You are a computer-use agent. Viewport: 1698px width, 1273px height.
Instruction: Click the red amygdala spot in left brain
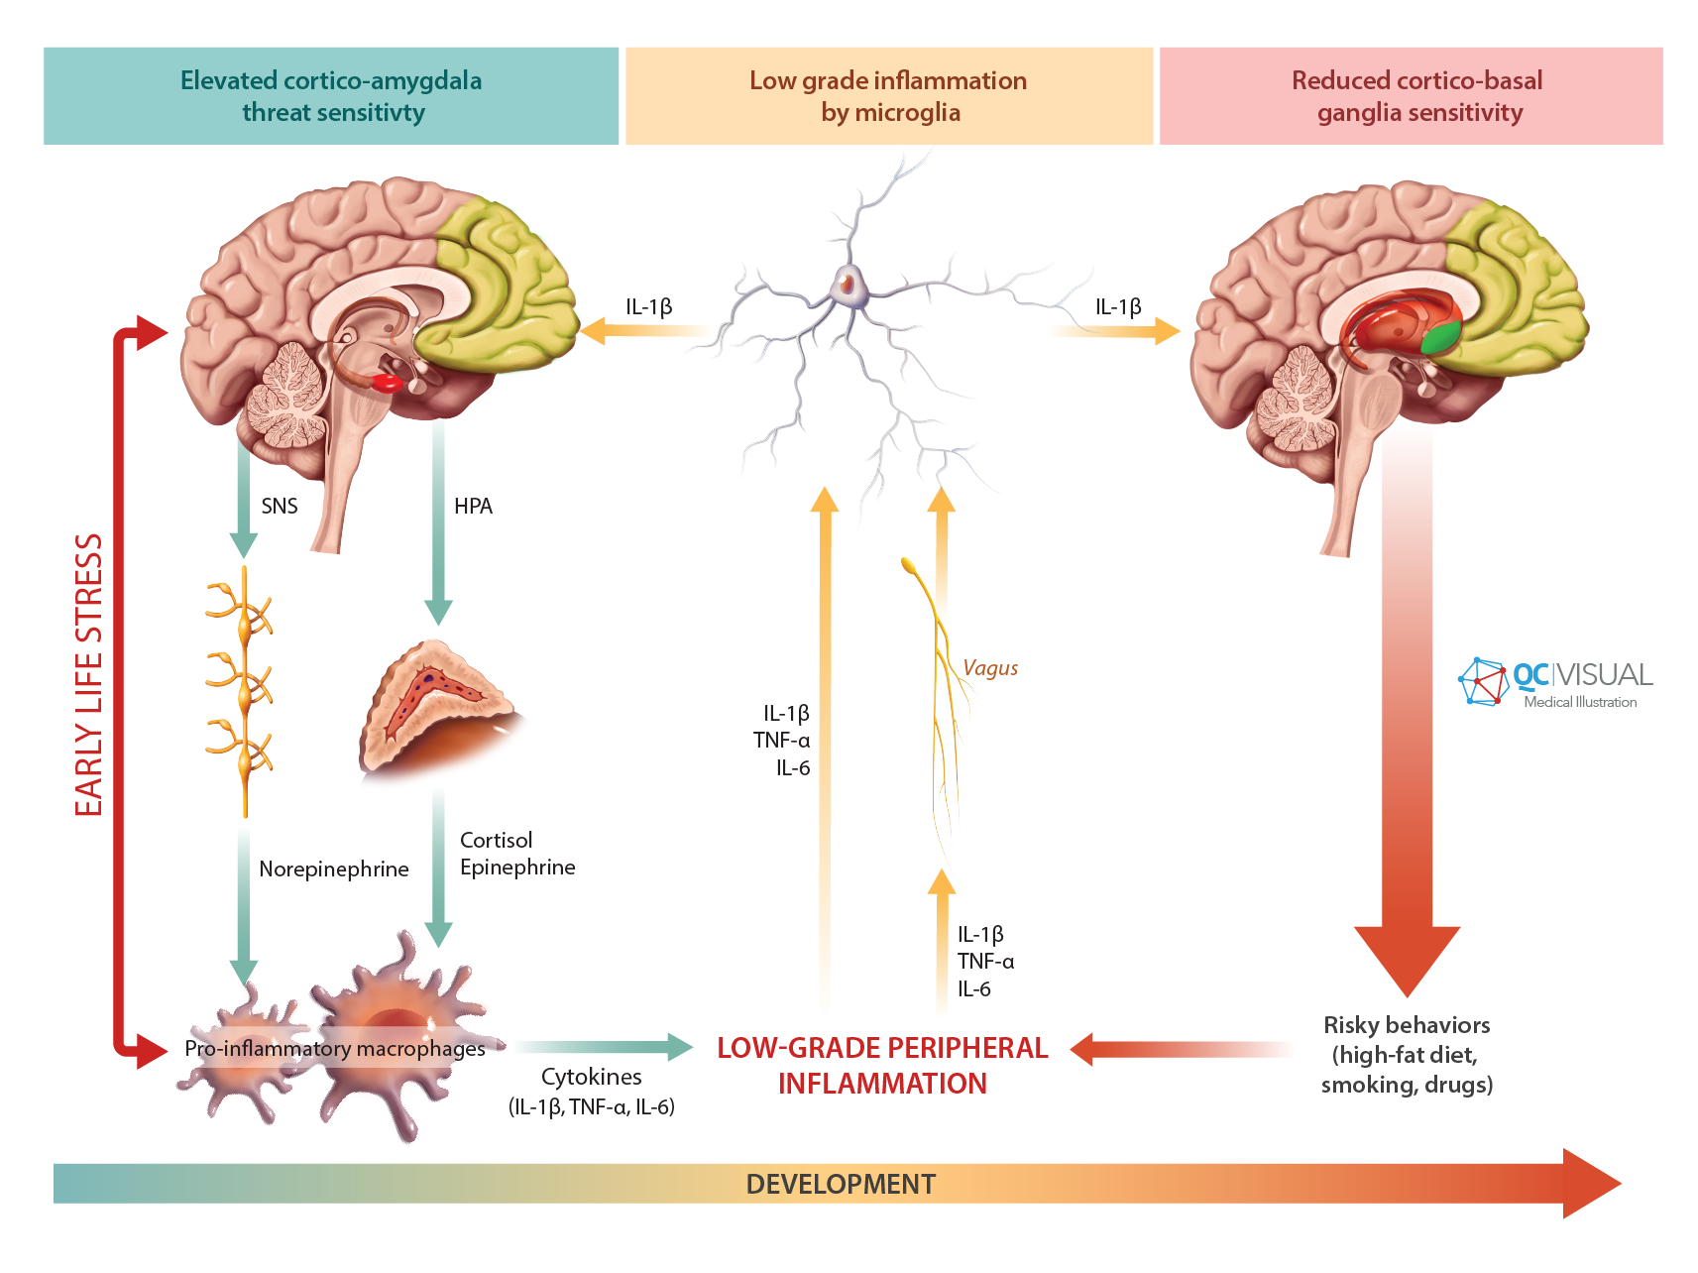coord(387,383)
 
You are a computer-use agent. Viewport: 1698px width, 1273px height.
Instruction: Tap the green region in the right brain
coord(1441,338)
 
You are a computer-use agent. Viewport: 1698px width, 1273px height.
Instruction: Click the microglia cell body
coord(849,286)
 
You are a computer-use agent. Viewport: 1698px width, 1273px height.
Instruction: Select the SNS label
coord(280,507)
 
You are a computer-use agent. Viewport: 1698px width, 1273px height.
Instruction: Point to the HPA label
coord(473,507)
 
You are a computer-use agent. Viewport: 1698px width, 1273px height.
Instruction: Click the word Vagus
coord(990,668)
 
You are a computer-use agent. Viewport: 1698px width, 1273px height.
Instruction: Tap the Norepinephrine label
coord(334,869)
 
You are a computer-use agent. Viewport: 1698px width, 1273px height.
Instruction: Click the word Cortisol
coord(496,840)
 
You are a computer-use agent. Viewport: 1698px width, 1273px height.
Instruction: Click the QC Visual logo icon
coord(1483,681)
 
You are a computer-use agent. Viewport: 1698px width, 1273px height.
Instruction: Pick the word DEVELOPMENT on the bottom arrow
coord(841,1184)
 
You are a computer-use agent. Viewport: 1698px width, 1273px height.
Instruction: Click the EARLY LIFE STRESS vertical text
coord(89,674)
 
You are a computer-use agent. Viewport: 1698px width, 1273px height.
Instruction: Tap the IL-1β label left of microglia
coord(649,307)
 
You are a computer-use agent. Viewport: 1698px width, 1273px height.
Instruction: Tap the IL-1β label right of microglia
coord(1118,307)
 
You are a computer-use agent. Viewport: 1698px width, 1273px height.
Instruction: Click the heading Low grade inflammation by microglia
coord(889,96)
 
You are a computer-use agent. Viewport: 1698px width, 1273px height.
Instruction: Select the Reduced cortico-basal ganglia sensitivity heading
coord(1417,96)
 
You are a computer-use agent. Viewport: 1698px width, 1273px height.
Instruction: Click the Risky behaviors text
coord(1407,1025)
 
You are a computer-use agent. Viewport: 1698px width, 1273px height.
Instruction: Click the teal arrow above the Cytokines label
coord(605,1047)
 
